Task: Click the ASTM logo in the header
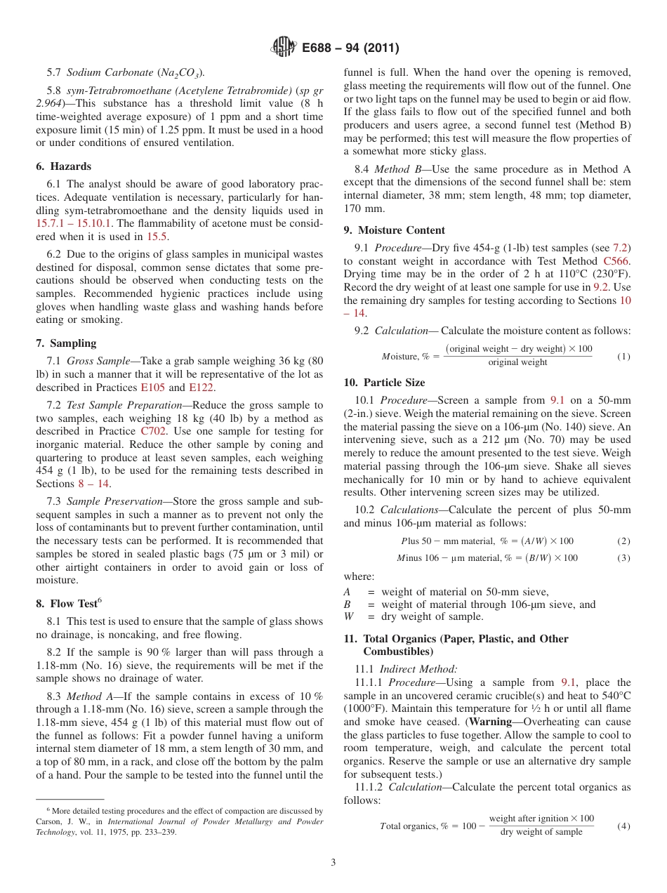[283, 48]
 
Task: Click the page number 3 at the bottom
[333, 862]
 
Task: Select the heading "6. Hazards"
[64, 166]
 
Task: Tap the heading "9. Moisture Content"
[394, 230]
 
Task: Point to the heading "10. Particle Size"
[384, 383]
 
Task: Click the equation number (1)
[623, 357]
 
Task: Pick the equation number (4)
[623, 826]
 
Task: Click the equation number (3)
[623, 558]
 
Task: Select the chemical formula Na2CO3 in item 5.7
[180, 72]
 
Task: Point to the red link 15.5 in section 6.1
[156, 237]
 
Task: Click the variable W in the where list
[349, 616]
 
